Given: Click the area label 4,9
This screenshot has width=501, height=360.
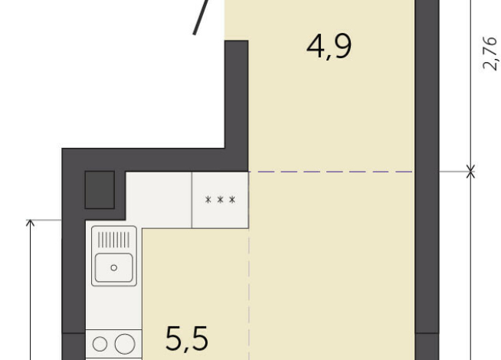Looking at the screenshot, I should pos(329,47).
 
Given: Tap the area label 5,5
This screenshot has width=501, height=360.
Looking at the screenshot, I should pos(188,338).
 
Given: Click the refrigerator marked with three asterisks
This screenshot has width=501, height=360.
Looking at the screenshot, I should pos(221,200).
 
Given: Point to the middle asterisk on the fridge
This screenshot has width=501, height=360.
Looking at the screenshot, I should pos(221,201).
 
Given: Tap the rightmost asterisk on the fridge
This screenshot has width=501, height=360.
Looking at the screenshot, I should pos(232,201).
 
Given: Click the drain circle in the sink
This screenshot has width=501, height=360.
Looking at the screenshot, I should pos(114,267).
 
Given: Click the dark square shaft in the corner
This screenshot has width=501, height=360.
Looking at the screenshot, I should pos(100,190).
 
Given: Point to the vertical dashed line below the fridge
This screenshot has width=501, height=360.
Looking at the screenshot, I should pos(250,291).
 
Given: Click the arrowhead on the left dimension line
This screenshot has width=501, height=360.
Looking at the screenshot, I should pos(31,223).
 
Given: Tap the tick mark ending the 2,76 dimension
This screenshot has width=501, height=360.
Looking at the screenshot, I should pos(470,172).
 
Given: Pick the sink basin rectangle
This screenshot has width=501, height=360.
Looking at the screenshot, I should pos(114,267).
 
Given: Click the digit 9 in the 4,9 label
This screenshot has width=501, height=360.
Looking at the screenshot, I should pos(342,47).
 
